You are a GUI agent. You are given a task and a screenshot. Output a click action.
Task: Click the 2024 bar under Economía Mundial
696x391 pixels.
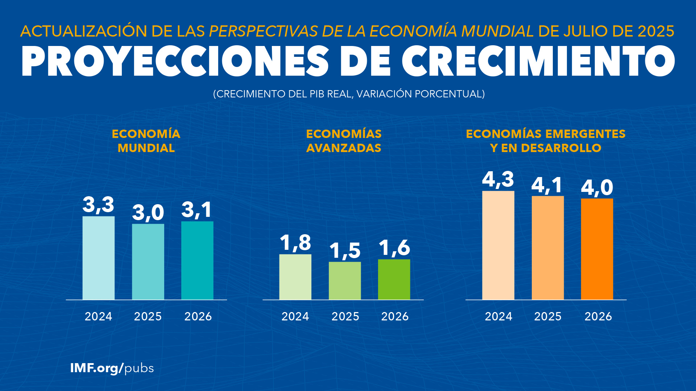(98, 258)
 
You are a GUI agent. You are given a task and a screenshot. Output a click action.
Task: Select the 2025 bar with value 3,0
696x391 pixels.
(148, 261)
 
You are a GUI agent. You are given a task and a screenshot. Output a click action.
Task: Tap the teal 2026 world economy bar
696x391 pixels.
(197, 260)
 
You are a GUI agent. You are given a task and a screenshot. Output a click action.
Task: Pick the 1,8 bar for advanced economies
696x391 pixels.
(295, 277)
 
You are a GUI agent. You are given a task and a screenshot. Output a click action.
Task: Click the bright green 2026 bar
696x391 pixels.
(394, 279)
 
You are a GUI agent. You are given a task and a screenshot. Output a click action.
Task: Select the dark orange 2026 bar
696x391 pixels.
(597, 249)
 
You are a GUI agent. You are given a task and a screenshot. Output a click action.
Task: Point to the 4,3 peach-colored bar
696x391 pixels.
(498, 245)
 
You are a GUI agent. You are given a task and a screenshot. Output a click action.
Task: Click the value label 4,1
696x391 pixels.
(547, 185)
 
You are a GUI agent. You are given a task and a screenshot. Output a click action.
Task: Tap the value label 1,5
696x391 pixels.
(345, 251)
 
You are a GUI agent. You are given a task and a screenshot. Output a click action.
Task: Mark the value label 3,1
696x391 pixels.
(196, 210)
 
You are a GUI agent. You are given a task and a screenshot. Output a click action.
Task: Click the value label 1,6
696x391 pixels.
(394, 248)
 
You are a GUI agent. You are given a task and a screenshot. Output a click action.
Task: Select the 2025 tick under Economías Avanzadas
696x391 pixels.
(345, 316)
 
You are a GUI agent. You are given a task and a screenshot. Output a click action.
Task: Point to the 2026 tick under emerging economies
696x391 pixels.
(598, 316)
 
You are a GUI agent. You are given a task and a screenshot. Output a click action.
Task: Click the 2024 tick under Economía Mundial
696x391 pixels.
(98, 316)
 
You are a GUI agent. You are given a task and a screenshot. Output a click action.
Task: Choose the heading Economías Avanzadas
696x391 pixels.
(344, 141)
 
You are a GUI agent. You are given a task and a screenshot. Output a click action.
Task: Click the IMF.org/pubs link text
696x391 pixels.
(112, 368)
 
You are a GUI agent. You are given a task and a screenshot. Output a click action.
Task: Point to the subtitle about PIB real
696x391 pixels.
(349, 94)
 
